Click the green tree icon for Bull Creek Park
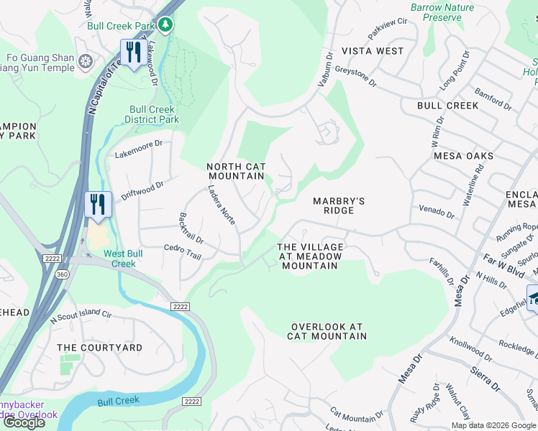(x=166, y=26)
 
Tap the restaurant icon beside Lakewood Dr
(x=132, y=54)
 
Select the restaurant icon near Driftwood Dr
(x=96, y=204)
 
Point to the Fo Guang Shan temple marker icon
(x=86, y=62)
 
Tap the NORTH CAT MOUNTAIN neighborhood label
(x=236, y=171)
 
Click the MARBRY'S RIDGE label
(x=338, y=205)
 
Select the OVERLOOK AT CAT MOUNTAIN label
(x=327, y=330)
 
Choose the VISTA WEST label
(x=373, y=51)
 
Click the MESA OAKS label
(x=463, y=156)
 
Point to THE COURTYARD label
(x=100, y=348)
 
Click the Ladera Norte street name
(x=222, y=205)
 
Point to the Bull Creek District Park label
(x=154, y=114)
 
